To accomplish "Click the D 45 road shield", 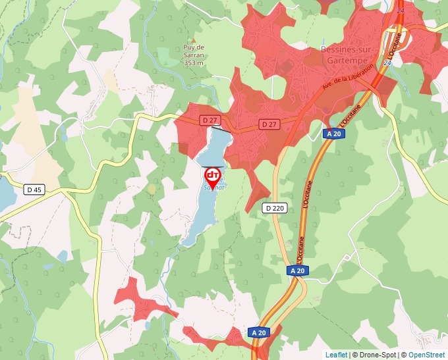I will [34, 190].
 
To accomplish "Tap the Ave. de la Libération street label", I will [347, 78].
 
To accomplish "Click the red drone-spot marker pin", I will [213, 176].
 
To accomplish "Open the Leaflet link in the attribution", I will [336, 355].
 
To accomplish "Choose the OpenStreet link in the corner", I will [426, 355].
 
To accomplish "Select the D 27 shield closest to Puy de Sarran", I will [210, 120].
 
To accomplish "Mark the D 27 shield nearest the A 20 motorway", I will [267, 124].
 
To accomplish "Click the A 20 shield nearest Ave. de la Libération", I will [333, 134].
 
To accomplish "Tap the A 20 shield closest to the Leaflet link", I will [259, 333].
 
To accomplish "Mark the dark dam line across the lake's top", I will [221, 131].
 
